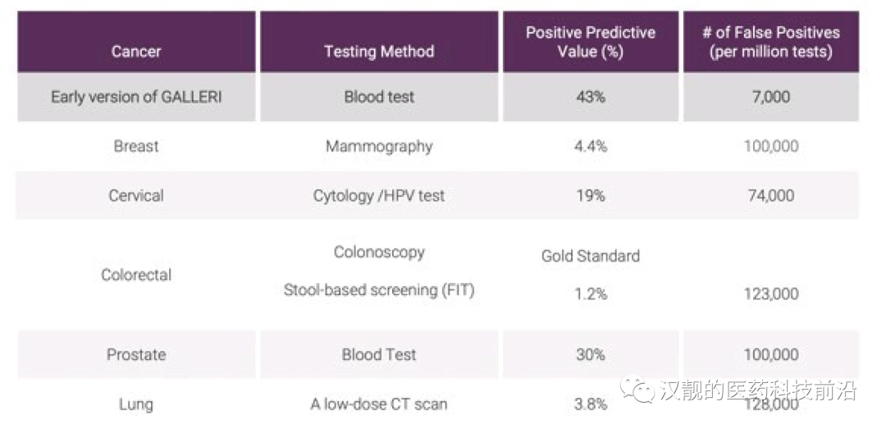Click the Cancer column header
point(136,52)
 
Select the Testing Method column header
point(379,52)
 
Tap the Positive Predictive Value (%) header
point(591,41)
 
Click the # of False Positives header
point(771,41)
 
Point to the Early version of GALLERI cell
point(136,97)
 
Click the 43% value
point(591,97)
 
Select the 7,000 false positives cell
point(771,97)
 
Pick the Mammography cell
point(379,146)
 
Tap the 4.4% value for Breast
point(591,146)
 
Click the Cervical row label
point(136,195)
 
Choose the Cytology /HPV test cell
point(379,196)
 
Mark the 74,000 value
point(771,195)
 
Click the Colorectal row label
point(136,275)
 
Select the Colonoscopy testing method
point(379,252)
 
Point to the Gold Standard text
point(591,255)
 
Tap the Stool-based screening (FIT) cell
point(379,290)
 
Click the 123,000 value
point(771,294)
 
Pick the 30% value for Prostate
point(591,354)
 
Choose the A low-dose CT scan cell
point(379,404)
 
